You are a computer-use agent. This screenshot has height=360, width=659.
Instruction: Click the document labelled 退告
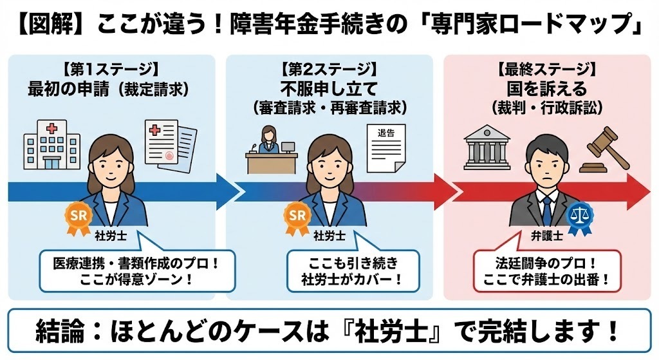point(387,149)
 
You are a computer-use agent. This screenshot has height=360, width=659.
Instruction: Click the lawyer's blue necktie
point(546,209)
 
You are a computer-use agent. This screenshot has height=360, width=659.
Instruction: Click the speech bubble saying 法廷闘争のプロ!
point(547,270)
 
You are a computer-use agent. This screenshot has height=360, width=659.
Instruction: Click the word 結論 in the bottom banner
point(60,333)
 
